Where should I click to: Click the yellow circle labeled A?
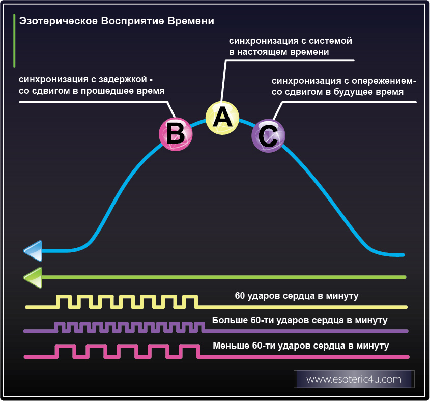pyautogui.click(x=222, y=118)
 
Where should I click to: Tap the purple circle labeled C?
pyautogui.click(x=268, y=136)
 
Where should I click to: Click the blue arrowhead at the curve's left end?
pyautogui.click(x=33, y=250)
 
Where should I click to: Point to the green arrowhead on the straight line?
pyautogui.click(x=33, y=277)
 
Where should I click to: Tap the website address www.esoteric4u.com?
pyautogui.click(x=354, y=379)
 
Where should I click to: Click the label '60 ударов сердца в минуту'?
pyautogui.click(x=297, y=296)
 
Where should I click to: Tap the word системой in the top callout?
pyautogui.click(x=332, y=40)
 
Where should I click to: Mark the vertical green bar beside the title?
pyautogui.click(x=14, y=41)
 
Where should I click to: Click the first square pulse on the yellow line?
pyautogui.click(x=63, y=302)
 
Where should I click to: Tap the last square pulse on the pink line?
pyautogui.click(x=189, y=351)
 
